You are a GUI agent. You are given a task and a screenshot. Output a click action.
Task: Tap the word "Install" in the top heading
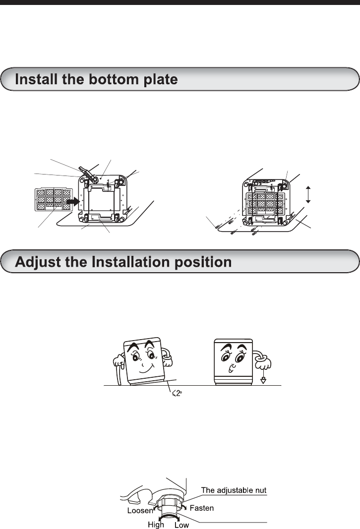coord(36,79)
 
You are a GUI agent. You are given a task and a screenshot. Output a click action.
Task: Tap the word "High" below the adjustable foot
coord(156,524)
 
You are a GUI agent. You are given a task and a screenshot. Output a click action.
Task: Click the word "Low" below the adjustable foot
coord(181,524)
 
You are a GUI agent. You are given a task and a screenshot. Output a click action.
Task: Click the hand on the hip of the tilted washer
coord(168,356)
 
